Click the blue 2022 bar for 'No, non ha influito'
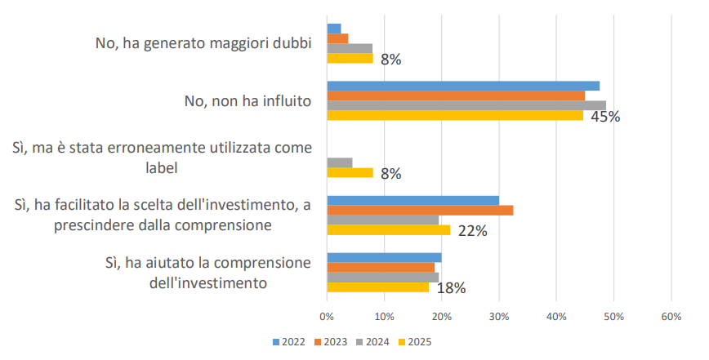point(463,86)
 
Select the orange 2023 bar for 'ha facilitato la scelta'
point(420,211)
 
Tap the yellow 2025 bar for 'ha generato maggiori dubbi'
point(350,58)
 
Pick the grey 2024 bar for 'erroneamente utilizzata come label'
point(340,162)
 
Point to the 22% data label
point(473,231)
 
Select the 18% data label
point(451,287)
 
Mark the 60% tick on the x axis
point(671,316)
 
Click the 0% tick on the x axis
point(327,316)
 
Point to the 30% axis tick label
point(499,316)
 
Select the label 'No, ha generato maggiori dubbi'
point(203,44)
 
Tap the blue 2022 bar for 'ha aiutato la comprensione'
point(384,258)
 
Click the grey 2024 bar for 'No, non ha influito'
point(466,105)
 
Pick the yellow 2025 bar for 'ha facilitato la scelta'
point(389,230)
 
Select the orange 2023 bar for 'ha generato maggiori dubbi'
point(338,38)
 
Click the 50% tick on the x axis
point(613,316)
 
